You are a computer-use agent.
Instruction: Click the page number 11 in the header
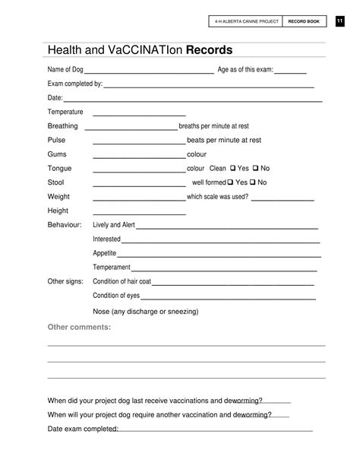tap(340, 21)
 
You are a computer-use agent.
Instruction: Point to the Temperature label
tap(65, 112)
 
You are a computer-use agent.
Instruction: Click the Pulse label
tap(57, 140)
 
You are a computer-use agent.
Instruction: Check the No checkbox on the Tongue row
tap(255, 168)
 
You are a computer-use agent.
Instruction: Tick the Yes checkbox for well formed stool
tap(230, 182)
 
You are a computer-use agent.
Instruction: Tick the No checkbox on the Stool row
tap(253, 182)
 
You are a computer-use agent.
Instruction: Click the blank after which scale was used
tap(283, 200)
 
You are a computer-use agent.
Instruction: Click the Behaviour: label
tap(65, 225)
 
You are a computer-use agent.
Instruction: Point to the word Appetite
tap(105, 253)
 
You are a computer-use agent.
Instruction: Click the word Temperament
tap(112, 268)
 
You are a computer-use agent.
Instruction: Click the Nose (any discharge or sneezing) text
tap(145, 311)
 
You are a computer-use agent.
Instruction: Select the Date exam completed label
tap(83, 429)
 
